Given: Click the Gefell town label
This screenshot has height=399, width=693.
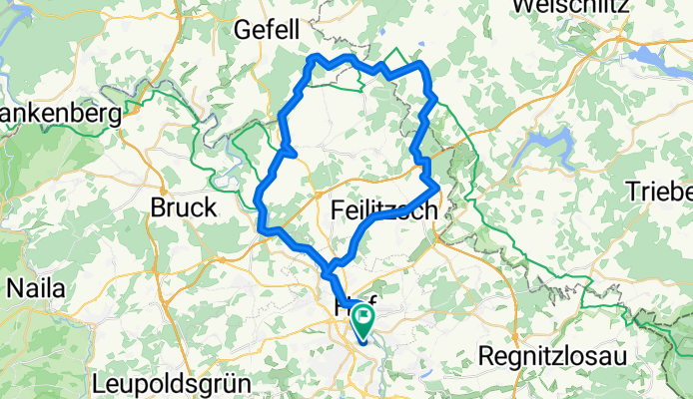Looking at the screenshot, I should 267,31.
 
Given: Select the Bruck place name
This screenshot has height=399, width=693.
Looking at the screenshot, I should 183,207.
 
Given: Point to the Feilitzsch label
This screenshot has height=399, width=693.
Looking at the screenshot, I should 383,210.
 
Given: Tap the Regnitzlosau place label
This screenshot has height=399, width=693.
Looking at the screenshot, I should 549,355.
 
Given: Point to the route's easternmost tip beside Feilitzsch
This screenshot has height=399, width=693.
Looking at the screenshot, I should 438,187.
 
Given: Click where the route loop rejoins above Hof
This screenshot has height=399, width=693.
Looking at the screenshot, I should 330,270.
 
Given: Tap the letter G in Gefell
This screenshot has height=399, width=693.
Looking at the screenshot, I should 242,31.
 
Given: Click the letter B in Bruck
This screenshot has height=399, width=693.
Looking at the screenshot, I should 159,207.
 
